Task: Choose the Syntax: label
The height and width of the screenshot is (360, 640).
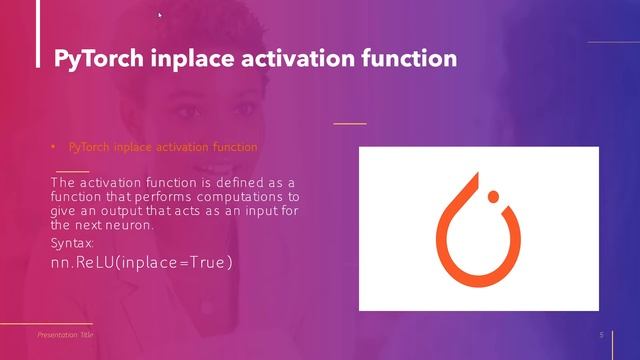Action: click(x=72, y=243)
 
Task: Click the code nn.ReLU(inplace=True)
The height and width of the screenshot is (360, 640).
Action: click(x=141, y=263)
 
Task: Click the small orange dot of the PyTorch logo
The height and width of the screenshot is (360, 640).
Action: click(x=491, y=196)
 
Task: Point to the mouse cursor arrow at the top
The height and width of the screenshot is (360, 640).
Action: click(x=160, y=15)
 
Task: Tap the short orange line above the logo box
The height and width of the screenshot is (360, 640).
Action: click(x=349, y=123)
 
